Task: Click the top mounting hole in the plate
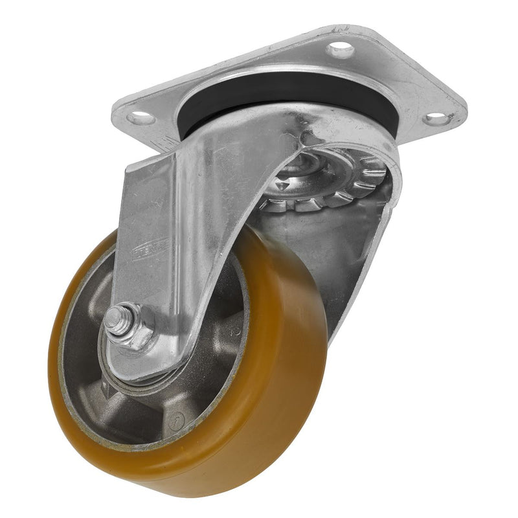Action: coord(340,49)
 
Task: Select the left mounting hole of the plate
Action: coord(141,118)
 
